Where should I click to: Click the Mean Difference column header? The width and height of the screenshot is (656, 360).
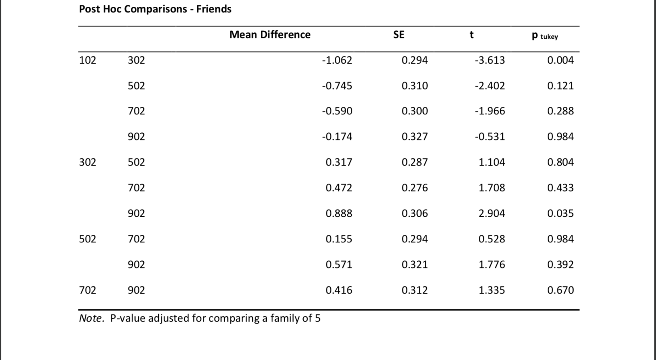(x=270, y=35)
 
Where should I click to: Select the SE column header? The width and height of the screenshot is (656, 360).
(x=398, y=35)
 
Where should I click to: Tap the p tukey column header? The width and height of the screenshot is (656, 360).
(x=545, y=36)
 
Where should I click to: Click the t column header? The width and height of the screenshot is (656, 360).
(x=472, y=35)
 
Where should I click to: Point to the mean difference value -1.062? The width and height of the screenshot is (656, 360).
(x=337, y=60)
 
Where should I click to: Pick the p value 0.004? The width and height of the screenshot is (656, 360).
(x=560, y=60)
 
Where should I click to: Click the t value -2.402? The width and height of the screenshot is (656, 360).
(x=490, y=86)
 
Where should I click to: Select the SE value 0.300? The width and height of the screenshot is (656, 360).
(x=414, y=111)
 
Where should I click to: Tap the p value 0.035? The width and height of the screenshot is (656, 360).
(x=560, y=214)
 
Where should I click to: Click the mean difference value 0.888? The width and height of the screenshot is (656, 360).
(x=338, y=214)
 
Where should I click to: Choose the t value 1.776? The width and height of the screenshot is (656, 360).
(x=492, y=265)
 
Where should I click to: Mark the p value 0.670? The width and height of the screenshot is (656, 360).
(x=560, y=290)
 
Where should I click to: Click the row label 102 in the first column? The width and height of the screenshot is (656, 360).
(x=88, y=60)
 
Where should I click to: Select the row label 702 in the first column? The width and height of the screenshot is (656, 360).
(x=88, y=290)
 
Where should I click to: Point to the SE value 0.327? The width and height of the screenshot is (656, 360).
(x=414, y=137)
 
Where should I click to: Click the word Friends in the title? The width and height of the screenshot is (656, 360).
(x=214, y=9)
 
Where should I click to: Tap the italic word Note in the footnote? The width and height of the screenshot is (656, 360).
(x=91, y=318)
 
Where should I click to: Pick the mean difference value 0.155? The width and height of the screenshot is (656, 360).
(x=338, y=239)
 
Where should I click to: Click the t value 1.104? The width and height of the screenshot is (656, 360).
(x=492, y=162)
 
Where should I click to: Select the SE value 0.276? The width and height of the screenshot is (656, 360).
(x=414, y=188)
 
